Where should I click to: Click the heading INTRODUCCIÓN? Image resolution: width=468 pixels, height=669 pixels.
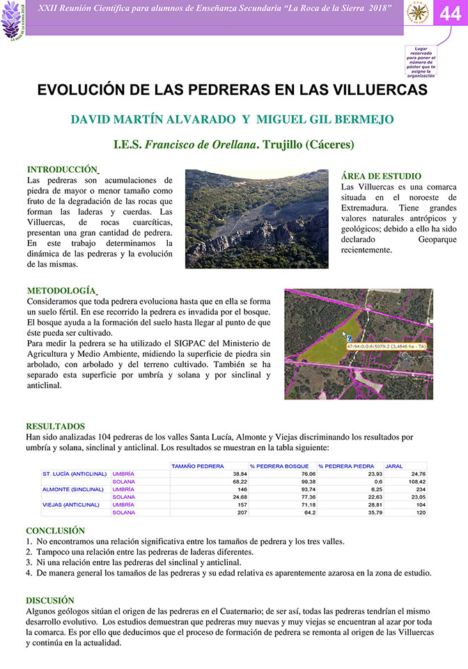pos(61,169)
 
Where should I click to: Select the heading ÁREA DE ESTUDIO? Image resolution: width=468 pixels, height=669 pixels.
pos(381,176)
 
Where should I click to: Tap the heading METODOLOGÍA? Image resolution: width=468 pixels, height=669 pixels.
pos(61,290)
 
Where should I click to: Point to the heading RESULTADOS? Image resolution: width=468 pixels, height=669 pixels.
pos(55,426)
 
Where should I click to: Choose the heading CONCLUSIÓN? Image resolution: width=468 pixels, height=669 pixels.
pos(55,530)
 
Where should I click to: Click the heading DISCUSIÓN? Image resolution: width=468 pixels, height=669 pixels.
pos(49,599)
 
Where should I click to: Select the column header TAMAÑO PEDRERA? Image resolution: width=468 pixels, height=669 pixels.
pos(197,466)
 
